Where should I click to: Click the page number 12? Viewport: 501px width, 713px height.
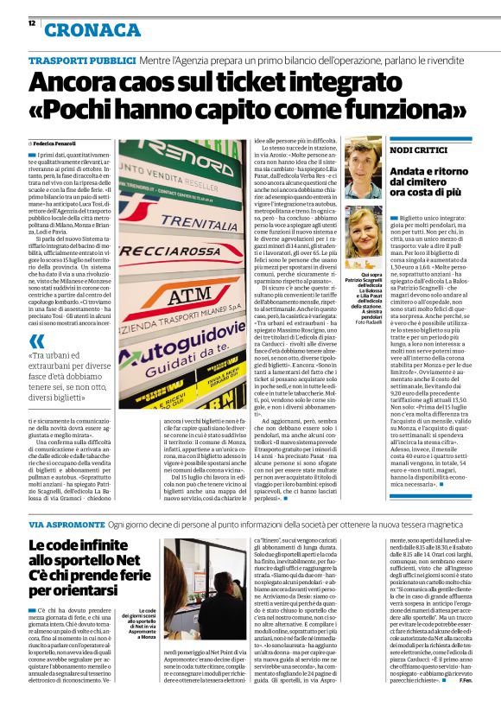click(x=32, y=24)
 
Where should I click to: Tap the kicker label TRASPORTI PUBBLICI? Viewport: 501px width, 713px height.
click(x=81, y=60)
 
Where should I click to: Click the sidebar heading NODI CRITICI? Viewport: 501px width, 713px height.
click(x=419, y=150)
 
